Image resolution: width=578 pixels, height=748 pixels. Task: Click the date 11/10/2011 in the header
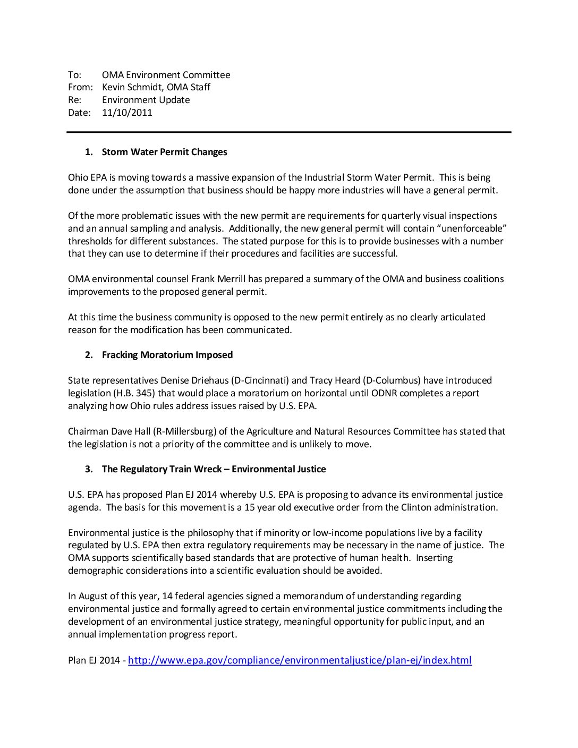click(x=127, y=113)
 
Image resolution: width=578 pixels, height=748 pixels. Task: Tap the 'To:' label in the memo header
click(x=74, y=75)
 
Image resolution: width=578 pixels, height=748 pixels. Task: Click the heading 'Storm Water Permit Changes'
click(x=164, y=152)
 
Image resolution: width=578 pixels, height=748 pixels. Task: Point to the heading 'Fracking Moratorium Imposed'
click(x=167, y=355)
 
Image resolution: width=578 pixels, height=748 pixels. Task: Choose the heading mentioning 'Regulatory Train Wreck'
click(x=214, y=469)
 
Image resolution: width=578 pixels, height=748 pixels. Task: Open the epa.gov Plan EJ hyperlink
click(x=300, y=660)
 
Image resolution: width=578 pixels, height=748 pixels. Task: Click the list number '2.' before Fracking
click(x=89, y=355)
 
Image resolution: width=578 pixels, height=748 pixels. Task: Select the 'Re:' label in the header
click(x=75, y=100)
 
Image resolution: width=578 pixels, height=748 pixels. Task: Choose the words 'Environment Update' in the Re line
click(x=146, y=100)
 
